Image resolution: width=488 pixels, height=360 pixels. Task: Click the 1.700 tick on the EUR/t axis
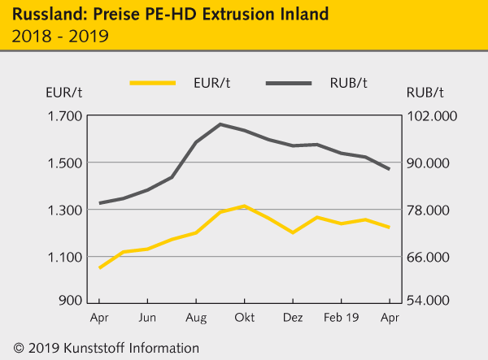point(65,116)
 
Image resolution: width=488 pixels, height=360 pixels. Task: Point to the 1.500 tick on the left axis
point(65,163)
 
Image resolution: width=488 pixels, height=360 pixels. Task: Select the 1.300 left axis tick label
point(65,210)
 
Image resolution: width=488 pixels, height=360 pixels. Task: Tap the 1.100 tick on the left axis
point(65,258)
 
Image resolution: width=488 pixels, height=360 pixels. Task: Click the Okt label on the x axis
point(244,318)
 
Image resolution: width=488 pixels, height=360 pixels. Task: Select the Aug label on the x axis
point(196,318)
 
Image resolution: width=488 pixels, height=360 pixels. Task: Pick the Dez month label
point(292,318)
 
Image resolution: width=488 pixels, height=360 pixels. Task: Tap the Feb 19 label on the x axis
point(341,318)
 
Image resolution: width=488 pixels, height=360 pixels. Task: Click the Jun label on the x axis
point(147,318)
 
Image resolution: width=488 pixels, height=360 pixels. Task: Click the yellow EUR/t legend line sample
point(153,82)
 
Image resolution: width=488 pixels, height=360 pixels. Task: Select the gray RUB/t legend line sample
point(289,82)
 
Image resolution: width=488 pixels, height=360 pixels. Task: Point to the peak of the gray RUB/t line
point(220,124)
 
